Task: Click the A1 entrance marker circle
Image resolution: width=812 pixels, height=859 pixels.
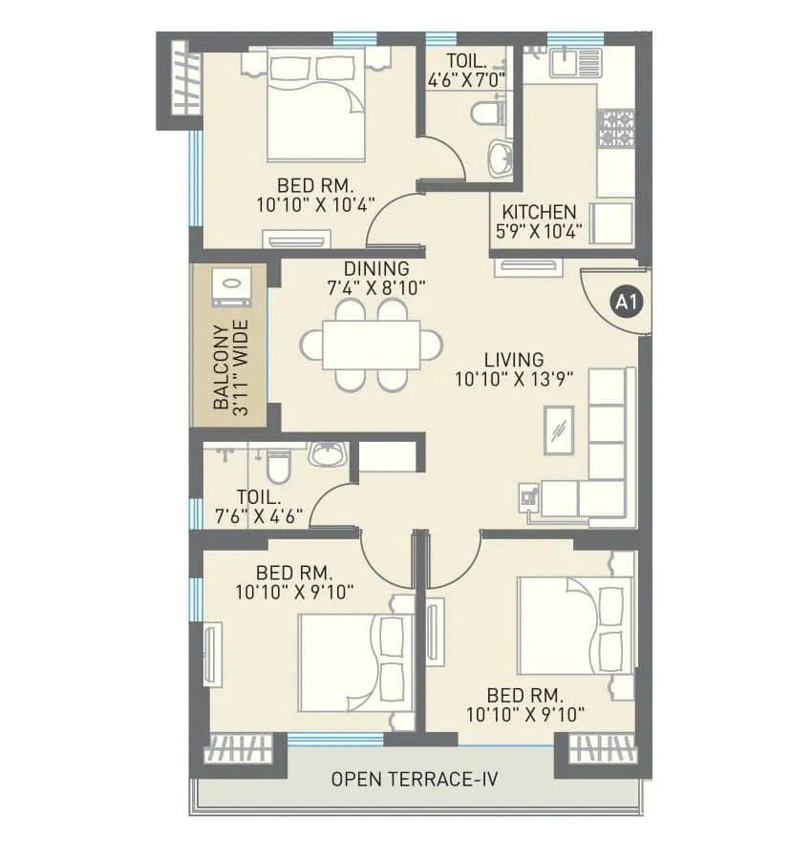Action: point(627,304)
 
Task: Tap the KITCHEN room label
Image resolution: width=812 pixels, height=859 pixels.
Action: point(540,212)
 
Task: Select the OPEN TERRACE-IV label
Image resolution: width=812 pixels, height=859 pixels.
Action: point(415,779)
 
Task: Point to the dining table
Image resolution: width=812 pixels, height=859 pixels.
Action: point(372,345)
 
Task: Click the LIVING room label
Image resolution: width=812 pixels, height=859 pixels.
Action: point(513,360)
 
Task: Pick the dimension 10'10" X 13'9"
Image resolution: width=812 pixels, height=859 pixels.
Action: point(513,379)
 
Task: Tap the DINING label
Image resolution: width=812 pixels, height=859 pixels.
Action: point(376,269)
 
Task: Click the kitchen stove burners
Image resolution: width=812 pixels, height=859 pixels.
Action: point(616,128)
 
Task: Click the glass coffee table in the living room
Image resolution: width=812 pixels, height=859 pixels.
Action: point(558,428)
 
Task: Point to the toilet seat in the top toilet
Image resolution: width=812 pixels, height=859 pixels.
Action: point(486,115)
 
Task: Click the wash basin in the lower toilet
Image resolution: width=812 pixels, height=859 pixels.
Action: point(328,454)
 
